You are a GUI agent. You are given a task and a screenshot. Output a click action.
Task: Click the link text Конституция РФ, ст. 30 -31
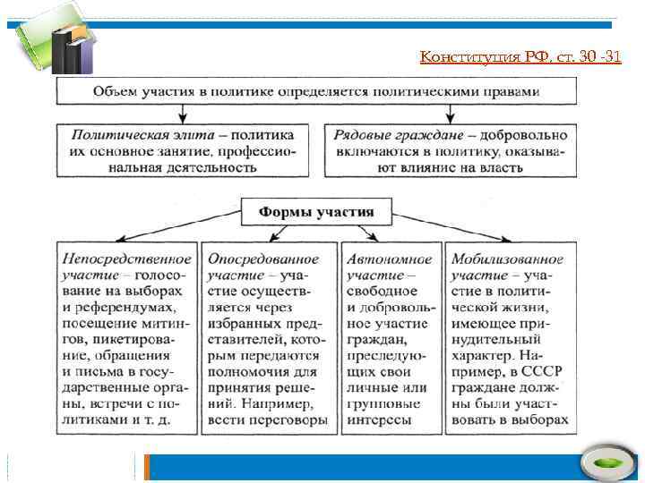(520, 58)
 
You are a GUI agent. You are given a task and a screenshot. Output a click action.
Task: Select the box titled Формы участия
(316, 212)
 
